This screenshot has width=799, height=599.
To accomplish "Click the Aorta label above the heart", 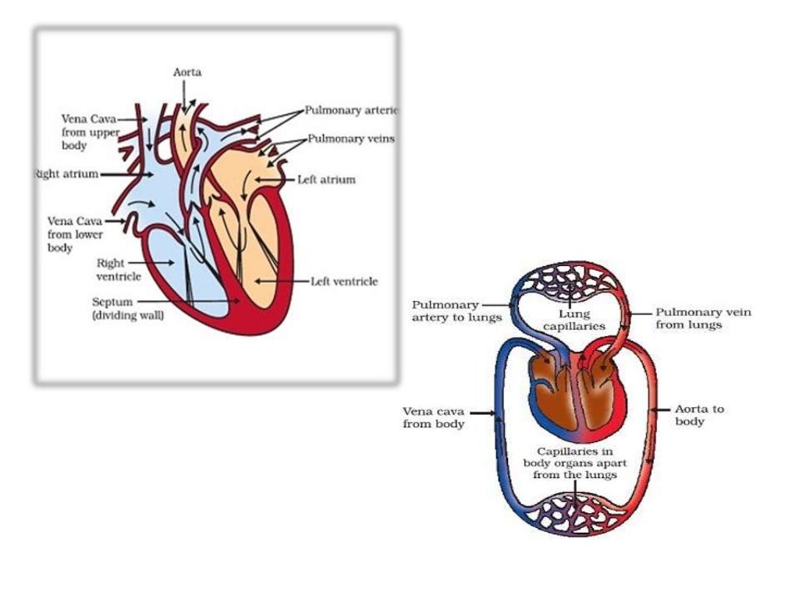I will [187, 73].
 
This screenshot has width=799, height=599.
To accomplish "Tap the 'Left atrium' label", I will [326, 179].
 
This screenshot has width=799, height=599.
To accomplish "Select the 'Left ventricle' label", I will [344, 282].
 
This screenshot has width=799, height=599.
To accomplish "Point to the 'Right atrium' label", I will [67, 174].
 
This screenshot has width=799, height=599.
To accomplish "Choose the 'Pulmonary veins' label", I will [350, 139].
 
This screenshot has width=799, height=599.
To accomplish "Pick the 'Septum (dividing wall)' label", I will [128, 309].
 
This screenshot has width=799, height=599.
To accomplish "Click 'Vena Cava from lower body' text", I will [75, 234].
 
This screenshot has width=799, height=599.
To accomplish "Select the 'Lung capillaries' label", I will [574, 321].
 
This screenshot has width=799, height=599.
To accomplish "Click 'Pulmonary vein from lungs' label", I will [703, 318].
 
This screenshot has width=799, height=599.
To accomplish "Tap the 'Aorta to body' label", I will [699, 415].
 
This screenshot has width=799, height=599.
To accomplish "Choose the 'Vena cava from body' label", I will [434, 417].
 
